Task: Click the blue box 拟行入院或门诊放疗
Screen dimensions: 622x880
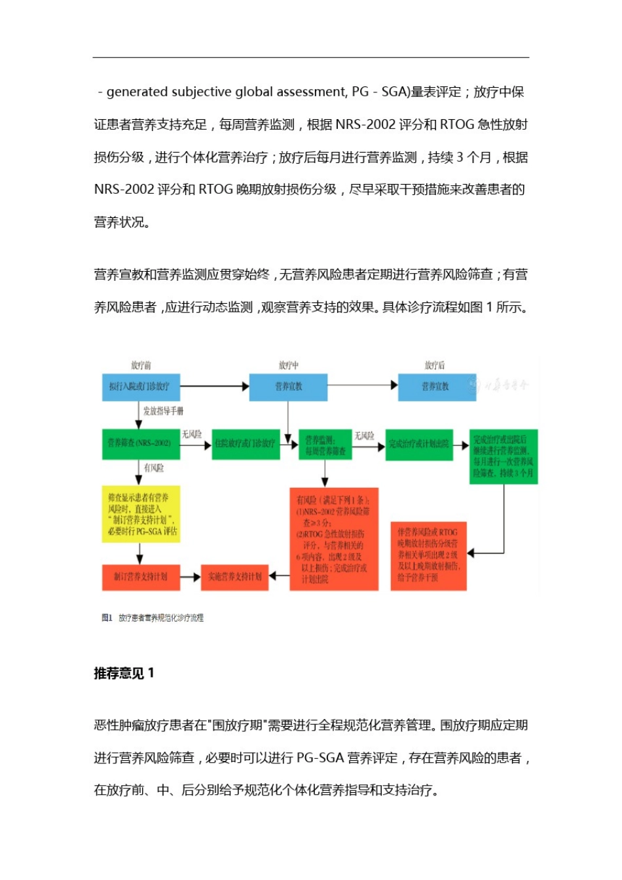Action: pos(141,387)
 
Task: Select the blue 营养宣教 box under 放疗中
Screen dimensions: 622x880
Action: pos(288,387)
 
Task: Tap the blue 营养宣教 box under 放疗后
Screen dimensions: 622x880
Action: pos(436,387)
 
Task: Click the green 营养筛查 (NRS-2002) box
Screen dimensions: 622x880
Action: pos(141,444)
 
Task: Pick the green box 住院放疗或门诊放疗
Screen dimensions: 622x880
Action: pos(246,444)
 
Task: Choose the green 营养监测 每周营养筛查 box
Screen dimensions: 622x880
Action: pos(326,445)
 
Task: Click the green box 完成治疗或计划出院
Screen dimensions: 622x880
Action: pos(419,445)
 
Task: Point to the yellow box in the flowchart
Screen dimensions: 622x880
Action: pos(141,514)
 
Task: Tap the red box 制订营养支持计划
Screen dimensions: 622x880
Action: pos(141,577)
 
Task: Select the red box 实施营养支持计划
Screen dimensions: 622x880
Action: pos(234,577)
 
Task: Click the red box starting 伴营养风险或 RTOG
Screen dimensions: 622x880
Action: pos(428,555)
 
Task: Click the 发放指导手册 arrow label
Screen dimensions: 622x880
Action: pos(163,411)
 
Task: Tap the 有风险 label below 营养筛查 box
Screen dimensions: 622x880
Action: pos(154,468)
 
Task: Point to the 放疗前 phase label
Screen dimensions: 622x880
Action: pos(141,365)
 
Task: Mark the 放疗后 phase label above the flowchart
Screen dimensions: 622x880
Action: pos(435,365)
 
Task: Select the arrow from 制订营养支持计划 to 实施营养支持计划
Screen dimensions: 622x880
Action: pos(190,577)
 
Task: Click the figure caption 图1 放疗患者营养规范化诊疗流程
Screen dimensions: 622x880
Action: pos(153,617)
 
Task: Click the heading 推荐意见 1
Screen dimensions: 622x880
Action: pos(124,673)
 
